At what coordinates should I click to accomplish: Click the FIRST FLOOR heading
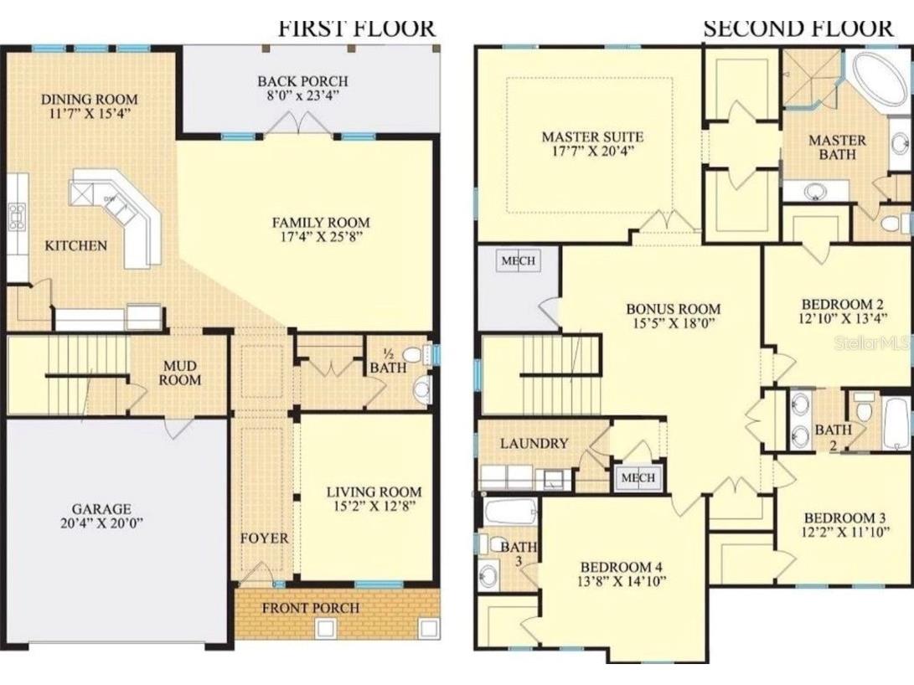coord(356,27)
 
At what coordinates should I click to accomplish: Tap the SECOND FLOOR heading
coord(798,27)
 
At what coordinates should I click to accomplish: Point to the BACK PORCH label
coord(302,81)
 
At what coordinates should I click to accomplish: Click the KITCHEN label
coord(75,245)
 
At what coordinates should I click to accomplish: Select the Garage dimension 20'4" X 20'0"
coord(101,524)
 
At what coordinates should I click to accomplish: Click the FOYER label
coord(265,538)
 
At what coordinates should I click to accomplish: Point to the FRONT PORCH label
coord(310,608)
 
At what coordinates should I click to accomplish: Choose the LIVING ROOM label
coord(374,492)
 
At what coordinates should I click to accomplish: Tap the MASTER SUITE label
coord(591,136)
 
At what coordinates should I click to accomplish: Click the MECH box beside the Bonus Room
coord(518,260)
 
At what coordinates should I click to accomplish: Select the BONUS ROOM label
coord(673,308)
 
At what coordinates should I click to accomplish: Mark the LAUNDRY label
coord(534,443)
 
